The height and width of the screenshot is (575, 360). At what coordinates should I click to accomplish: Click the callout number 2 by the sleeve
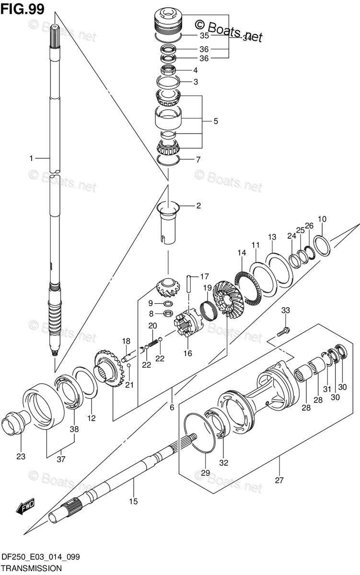pos(198,206)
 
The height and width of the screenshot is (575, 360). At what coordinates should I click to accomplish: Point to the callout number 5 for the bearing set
pos(216,122)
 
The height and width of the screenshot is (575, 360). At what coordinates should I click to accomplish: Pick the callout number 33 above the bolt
pos(286,311)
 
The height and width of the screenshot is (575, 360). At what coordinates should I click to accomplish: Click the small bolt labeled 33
pos(283,331)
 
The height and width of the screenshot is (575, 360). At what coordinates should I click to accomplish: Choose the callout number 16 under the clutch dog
pos(187,354)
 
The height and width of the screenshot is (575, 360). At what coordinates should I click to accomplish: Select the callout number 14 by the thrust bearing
pos(241,253)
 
